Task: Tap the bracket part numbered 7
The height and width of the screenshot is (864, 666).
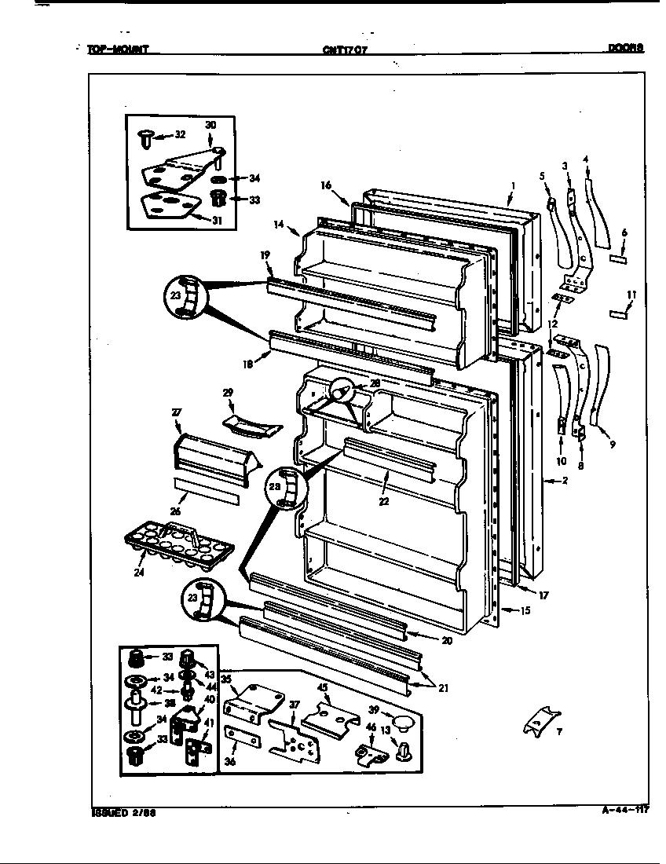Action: (x=543, y=718)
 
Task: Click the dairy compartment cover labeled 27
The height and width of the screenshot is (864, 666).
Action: (x=210, y=459)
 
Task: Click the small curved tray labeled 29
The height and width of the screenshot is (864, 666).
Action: (x=251, y=425)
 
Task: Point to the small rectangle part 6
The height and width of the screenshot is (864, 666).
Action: (x=619, y=258)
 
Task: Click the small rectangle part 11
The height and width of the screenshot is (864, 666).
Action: (x=619, y=314)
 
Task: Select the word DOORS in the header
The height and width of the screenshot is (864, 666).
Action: (x=625, y=48)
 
